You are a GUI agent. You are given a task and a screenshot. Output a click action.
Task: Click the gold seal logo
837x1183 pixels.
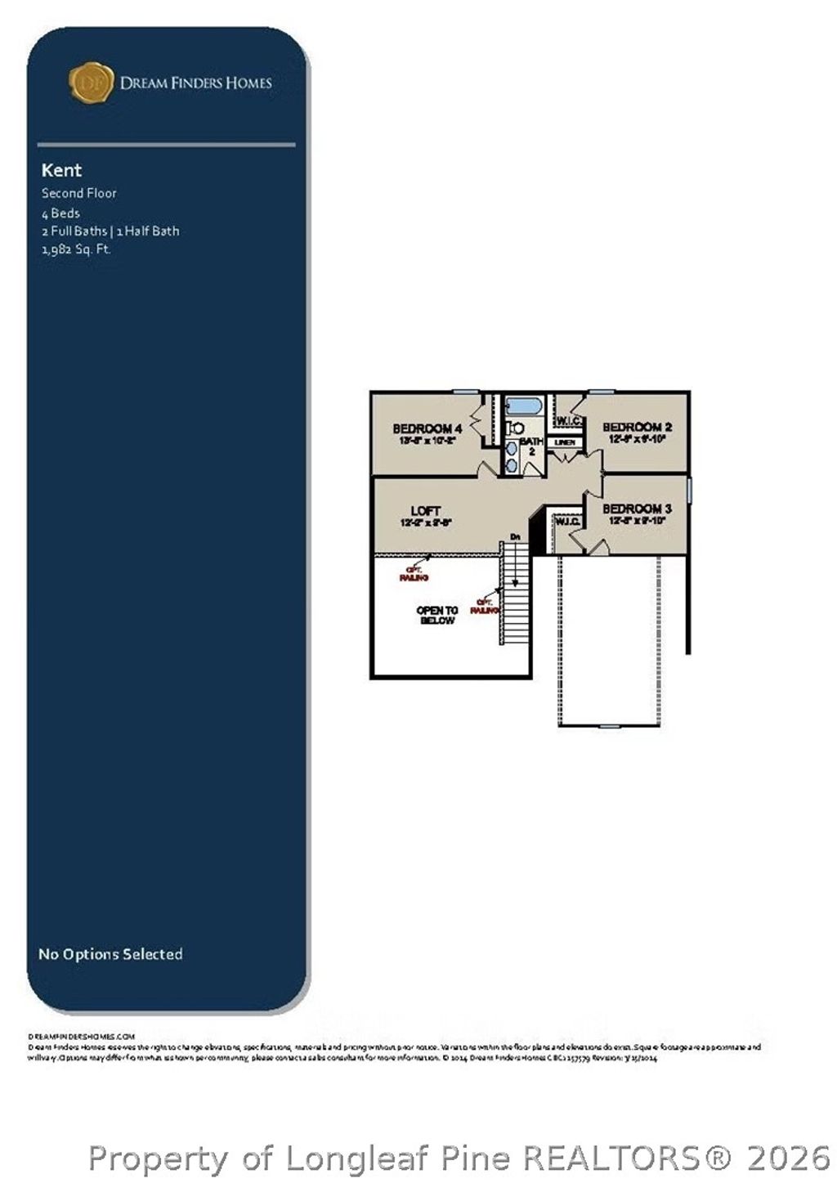pos(91,83)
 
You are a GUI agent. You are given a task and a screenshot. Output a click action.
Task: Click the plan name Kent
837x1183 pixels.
pos(61,170)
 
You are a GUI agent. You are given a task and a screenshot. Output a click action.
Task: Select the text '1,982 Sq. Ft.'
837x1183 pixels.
pos(76,249)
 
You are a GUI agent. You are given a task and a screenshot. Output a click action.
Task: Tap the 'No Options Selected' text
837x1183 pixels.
pos(110,954)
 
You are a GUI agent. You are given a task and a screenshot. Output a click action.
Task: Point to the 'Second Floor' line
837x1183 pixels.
pos(79,193)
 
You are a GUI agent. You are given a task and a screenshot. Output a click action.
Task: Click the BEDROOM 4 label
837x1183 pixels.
pos(427,428)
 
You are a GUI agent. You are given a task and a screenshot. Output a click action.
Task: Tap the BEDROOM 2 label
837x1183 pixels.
pos(637,427)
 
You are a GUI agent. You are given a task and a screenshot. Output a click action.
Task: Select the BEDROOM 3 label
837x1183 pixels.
pos(637,509)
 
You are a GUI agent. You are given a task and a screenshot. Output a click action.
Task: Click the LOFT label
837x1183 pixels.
pos(425,511)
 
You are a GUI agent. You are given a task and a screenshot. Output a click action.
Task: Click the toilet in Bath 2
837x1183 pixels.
pos(515,428)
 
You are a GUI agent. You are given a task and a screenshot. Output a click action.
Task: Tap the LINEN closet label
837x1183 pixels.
pos(565,442)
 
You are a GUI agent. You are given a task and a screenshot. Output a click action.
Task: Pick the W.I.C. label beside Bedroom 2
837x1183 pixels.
pos(569,420)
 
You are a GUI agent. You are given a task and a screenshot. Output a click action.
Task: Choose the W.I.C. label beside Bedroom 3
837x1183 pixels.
pos(568,522)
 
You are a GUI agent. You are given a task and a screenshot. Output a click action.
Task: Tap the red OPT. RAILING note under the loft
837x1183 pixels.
pos(414,574)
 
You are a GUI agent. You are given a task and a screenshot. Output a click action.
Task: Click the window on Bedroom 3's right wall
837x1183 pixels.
pos(689,491)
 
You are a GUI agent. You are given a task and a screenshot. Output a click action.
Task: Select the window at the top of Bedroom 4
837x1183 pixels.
pos(465,392)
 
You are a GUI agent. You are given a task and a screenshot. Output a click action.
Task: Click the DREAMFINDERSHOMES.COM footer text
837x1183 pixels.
pos(81,1036)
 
